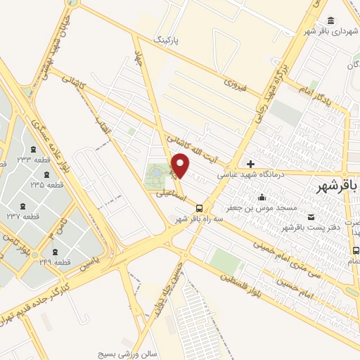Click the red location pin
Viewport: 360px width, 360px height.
click(x=181, y=165)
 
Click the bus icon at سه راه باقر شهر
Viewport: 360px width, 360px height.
click(x=200, y=208)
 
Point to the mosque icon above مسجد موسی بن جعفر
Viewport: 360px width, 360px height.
click(x=262, y=198)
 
